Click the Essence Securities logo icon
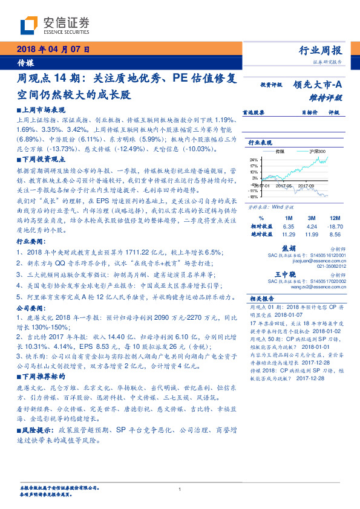(x=29, y=25)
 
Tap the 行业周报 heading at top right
(x=321, y=50)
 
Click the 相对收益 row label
(x=261, y=225)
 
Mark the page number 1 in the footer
(x=180, y=489)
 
